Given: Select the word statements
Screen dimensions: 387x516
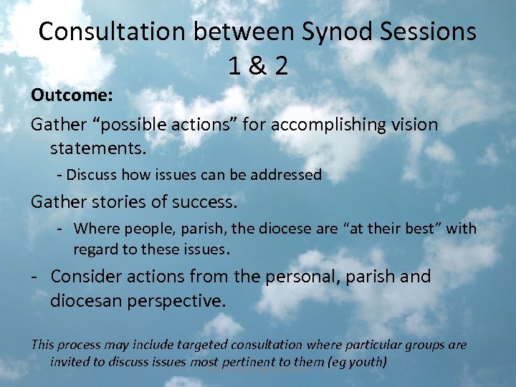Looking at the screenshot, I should pyautogui.click(x=98, y=149).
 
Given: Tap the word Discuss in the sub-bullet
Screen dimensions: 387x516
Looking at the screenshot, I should pyautogui.click(x=93, y=174).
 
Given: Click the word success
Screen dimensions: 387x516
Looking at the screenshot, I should pyautogui.click(x=203, y=202).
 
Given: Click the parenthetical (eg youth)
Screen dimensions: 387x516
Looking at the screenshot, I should pyautogui.click(x=357, y=362).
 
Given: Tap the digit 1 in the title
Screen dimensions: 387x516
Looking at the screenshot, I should pyautogui.click(x=234, y=66).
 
